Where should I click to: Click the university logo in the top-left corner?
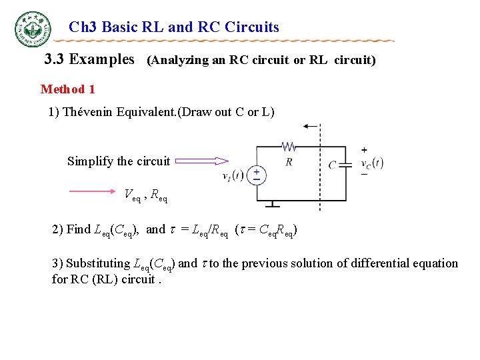32,29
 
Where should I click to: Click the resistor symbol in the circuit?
288,146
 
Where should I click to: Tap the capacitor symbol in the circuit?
345,164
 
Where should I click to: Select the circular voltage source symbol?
255,175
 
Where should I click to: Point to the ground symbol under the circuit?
273,205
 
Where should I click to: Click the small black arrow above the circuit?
310,126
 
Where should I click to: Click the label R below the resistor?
288,161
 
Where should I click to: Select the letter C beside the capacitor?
332,165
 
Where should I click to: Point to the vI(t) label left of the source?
233,176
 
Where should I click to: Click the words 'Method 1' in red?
68,89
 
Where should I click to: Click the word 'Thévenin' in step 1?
89,112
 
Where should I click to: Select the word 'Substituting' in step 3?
98,263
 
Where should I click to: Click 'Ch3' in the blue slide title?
82,27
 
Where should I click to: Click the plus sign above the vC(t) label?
364,149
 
